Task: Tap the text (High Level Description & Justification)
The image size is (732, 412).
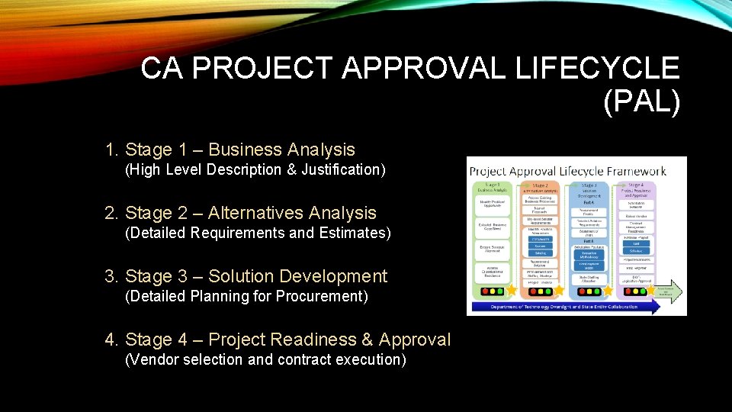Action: (x=255, y=169)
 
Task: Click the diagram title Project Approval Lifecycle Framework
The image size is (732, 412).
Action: (x=567, y=171)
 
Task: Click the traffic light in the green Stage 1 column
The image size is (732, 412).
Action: (x=492, y=291)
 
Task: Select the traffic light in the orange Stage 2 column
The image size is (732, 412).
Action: (x=541, y=291)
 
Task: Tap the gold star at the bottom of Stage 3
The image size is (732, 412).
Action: (x=608, y=291)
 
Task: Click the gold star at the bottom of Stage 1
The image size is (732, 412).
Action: (x=512, y=291)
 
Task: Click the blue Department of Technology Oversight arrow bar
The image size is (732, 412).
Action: (x=564, y=307)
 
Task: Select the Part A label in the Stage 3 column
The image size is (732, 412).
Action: (x=589, y=202)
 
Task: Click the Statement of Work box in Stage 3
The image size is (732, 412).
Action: (x=589, y=233)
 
